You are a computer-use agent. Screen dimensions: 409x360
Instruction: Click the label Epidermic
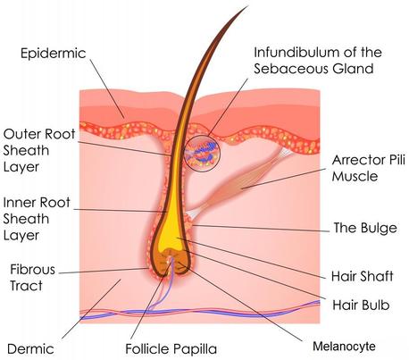coord(54,54)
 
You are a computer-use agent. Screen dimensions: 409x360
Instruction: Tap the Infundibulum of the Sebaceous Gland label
coord(318,61)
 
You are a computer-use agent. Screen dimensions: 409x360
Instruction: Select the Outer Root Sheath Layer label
coord(39,150)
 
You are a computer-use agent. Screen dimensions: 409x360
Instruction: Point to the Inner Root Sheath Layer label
coord(37,219)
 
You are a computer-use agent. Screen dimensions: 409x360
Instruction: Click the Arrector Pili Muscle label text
coord(369,168)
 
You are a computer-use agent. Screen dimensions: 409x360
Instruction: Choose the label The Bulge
coord(365,228)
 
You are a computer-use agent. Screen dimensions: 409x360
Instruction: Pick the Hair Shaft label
coord(363,276)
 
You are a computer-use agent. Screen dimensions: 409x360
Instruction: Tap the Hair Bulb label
coord(361,305)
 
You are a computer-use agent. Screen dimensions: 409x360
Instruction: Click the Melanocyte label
coord(344,347)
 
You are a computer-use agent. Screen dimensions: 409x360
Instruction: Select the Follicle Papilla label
coord(171,348)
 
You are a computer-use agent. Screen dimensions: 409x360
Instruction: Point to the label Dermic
coord(30,349)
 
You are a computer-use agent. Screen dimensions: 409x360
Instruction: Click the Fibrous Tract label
coord(32,278)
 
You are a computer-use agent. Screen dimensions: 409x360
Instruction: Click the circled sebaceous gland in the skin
coord(202,154)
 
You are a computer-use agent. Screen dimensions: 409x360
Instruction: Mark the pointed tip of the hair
coord(247,6)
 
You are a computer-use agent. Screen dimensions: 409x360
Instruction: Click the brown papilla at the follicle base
coord(171,262)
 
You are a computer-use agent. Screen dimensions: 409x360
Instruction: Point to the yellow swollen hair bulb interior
coord(171,230)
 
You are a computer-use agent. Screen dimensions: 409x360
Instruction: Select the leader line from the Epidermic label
coord(107,88)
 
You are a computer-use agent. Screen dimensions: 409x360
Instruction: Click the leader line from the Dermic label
coord(91,309)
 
